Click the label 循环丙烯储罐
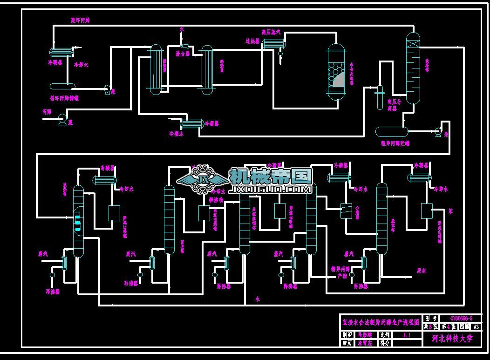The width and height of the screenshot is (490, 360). tap(65, 98)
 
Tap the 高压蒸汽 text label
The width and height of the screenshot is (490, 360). tap(271, 33)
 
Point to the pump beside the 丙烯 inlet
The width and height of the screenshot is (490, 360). tap(61, 120)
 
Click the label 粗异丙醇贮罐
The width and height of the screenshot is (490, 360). tap(395, 143)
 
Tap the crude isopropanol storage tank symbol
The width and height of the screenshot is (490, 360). tap(392, 131)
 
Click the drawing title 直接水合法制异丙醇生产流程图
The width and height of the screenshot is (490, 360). tap(381, 322)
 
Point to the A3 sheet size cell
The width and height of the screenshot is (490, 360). tap(476, 326)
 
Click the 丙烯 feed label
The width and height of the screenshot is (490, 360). tap(47, 112)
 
